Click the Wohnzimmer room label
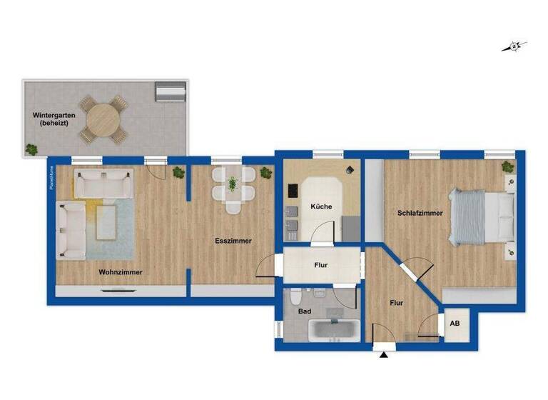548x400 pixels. pos(121,272)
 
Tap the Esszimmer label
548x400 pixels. pos(233,241)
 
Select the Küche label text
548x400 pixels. pos(320,206)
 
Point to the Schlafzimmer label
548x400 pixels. pos(420,213)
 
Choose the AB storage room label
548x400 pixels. pos(455,323)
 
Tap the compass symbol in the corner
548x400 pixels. pos(514,47)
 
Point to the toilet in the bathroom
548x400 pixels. pos(297,295)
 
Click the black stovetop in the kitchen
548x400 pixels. pos(293,192)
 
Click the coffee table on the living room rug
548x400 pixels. pos(107,222)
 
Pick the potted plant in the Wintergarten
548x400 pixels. pos(31,149)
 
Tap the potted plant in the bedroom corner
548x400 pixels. pos(507,167)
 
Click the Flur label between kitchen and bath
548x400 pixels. pos(320,265)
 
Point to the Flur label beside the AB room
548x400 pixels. pos(397,303)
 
